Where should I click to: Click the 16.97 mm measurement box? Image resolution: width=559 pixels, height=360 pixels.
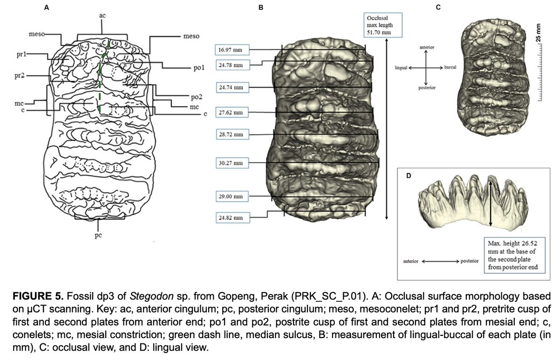coord(232,50)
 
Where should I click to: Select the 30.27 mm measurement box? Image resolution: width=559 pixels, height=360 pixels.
coord(232,163)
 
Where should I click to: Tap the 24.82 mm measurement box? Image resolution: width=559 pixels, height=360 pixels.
coord(233,218)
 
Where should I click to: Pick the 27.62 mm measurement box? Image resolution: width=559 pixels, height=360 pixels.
coord(232,113)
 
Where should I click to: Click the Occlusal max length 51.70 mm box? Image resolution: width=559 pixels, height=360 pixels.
coord(383,25)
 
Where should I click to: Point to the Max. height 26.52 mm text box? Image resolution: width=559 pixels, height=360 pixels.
coord(515,255)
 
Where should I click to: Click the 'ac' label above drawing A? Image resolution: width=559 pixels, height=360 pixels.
coord(102,15)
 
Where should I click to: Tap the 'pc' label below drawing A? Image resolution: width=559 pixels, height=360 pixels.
coord(98,235)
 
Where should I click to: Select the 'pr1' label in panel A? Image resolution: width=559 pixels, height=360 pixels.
coord(21,54)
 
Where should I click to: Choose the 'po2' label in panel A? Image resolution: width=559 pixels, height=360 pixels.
coord(197,97)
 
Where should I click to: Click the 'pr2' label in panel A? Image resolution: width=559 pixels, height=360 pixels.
coord(20,75)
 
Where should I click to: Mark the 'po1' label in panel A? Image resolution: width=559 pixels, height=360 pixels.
coord(199,68)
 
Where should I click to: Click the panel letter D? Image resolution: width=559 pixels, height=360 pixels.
coord(409,176)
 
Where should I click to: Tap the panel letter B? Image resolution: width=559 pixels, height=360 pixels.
coord(261,8)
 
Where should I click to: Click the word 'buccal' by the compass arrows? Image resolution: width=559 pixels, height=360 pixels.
coord(450,68)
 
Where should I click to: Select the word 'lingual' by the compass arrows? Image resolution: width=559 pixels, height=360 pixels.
coord(401,68)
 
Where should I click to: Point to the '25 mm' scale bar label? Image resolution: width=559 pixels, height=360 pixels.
coord(539,33)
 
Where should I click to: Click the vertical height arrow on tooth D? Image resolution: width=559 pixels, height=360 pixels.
coord(491,204)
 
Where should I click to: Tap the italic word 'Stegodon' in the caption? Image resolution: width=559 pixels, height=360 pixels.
coord(151,297)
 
